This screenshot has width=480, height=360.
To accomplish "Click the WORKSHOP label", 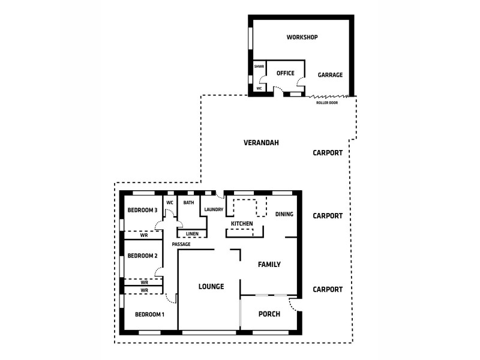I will (x=302, y=37).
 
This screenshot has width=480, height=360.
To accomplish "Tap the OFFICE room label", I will (x=286, y=73).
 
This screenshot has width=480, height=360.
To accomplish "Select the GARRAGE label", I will (x=330, y=75).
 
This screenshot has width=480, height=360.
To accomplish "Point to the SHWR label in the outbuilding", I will (x=259, y=67).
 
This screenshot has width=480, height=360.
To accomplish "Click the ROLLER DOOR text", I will (x=327, y=103).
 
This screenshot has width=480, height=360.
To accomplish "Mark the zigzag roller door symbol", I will (x=328, y=95).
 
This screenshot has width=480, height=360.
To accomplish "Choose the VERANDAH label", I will (x=261, y=143).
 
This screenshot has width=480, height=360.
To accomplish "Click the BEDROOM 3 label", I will (x=142, y=210).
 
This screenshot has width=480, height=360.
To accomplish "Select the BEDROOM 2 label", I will (x=142, y=256).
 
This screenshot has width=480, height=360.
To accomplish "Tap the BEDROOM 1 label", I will (x=149, y=314).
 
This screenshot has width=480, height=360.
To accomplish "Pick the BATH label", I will (x=188, y=203).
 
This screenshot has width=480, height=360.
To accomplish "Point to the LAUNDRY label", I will (x=214, y=209).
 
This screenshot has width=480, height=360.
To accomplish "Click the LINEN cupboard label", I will (x=192, y=233).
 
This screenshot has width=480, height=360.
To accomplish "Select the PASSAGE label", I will (x=181, y=245).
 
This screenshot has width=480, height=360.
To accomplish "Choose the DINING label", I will (x=284, y=214).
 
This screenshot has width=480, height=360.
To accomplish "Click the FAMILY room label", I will (x=269, y=265).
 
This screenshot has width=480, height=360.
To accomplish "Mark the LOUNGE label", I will (x=211, y=287).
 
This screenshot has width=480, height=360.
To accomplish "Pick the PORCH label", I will (x=269, y=314).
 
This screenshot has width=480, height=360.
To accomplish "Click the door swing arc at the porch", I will (x=293, y=305).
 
